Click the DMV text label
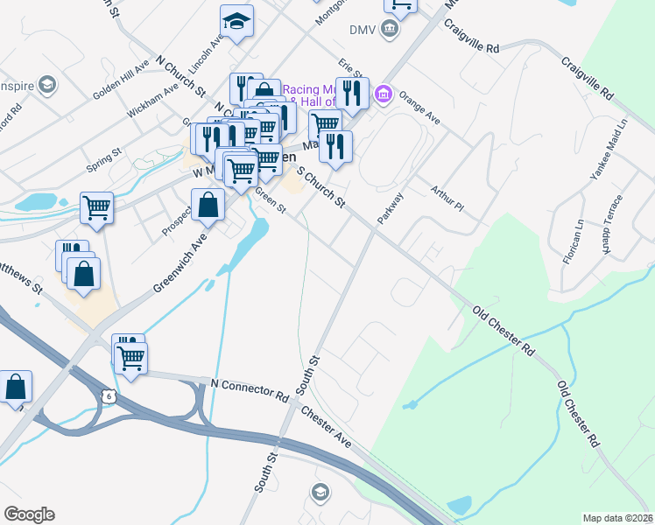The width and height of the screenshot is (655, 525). pos(363,30)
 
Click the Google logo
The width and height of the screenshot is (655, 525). pos(29,514)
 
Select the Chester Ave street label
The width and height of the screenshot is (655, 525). pos(326,428)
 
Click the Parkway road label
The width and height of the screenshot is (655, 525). pos(389,208)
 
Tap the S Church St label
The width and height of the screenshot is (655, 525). pos(321,185)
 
